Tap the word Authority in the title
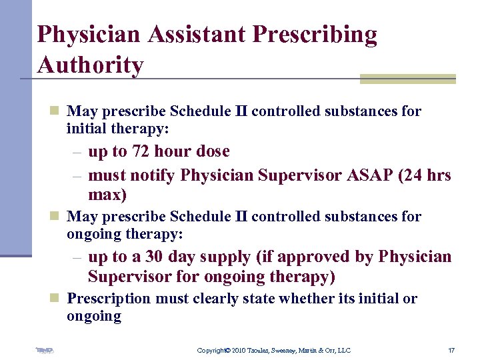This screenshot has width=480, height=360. coord(91,65)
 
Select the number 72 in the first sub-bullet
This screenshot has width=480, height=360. coord(140,151)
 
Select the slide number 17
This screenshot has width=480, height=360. coord(452,351)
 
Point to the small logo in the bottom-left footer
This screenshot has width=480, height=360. coord(45,350)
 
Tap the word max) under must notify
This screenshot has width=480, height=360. coord(107,195)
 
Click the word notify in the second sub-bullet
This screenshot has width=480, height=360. coord(155,175)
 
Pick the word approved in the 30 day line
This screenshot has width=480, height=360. coord(300,257)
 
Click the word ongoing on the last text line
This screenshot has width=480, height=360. coord(94,316)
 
